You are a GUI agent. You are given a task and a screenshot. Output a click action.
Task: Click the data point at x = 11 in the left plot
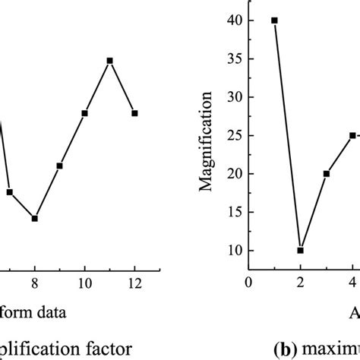click(x=109, y=60)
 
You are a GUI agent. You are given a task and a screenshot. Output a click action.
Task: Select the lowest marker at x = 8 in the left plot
click(x=35, y=218)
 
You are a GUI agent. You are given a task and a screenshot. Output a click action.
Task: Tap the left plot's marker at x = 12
click(x=134, y=113)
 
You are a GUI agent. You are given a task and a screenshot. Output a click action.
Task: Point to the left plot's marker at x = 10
click(x=84, y=113)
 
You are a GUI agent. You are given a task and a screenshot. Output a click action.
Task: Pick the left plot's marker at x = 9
click(x=59, y=166)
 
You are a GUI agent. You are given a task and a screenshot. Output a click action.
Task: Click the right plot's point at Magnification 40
click(x=274, y=21)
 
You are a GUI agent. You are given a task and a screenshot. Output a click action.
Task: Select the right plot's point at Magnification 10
click(x=300, y=250)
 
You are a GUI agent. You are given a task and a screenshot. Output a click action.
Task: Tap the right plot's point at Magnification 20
click(x=327, y=174)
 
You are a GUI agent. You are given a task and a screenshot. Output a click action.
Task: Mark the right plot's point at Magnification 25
click(x=352, y=135)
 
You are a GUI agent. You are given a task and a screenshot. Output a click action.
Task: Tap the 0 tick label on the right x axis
click(x=248, y=283)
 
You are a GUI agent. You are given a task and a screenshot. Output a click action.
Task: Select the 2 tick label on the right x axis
click(x=300, y=283)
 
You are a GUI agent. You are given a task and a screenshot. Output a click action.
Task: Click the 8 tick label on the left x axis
click(x=35, y=283)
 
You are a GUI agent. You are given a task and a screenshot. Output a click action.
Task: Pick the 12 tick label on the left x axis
click(x=134, y=283)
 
